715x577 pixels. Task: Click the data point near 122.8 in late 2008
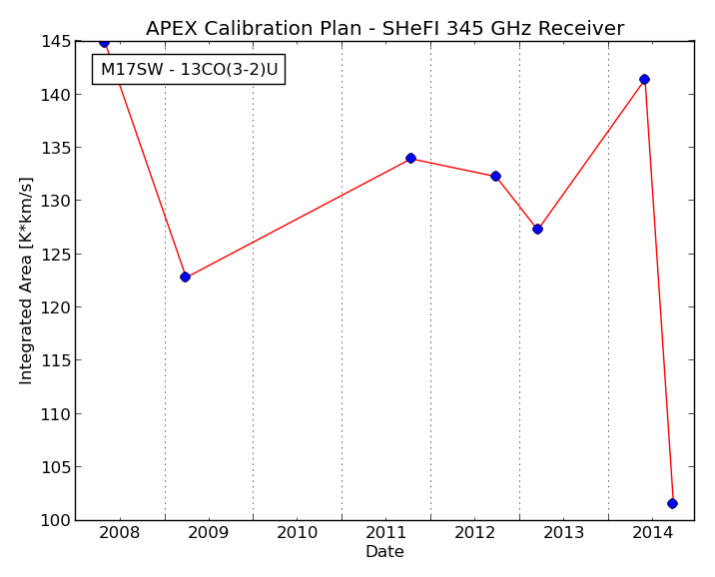pyautogui.click(x=185, y=277)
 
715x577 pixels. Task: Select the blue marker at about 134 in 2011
pyautogui.click(x=410, y=158)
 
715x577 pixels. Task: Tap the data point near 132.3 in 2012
pyautogui.click(x=495, y=176)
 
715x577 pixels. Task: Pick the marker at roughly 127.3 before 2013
pyautogui.click(x=537, y=229)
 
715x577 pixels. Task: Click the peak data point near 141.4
pyautogui.click(x=644, y=79)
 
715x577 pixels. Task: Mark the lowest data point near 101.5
pyautogui.click(x=672, y=503)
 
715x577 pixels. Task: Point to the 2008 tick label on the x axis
pyautogui.click(x=120, y=532)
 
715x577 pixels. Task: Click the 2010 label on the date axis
pyautogui.click(x=297, y=532)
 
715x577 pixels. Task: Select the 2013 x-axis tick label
pyautogui.click(x=563, y=532)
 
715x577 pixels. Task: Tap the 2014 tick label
pyautogui.click(x=652, y=532)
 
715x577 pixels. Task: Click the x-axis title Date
pyautogui.click(x=384, y=551)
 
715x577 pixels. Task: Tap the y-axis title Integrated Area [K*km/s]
pyautogui.click(x=26, y=281)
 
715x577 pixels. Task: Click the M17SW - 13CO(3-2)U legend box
pyautogui.click(x=189, y=69)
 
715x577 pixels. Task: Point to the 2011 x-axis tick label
pyautogui.click(x=385, y=532)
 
